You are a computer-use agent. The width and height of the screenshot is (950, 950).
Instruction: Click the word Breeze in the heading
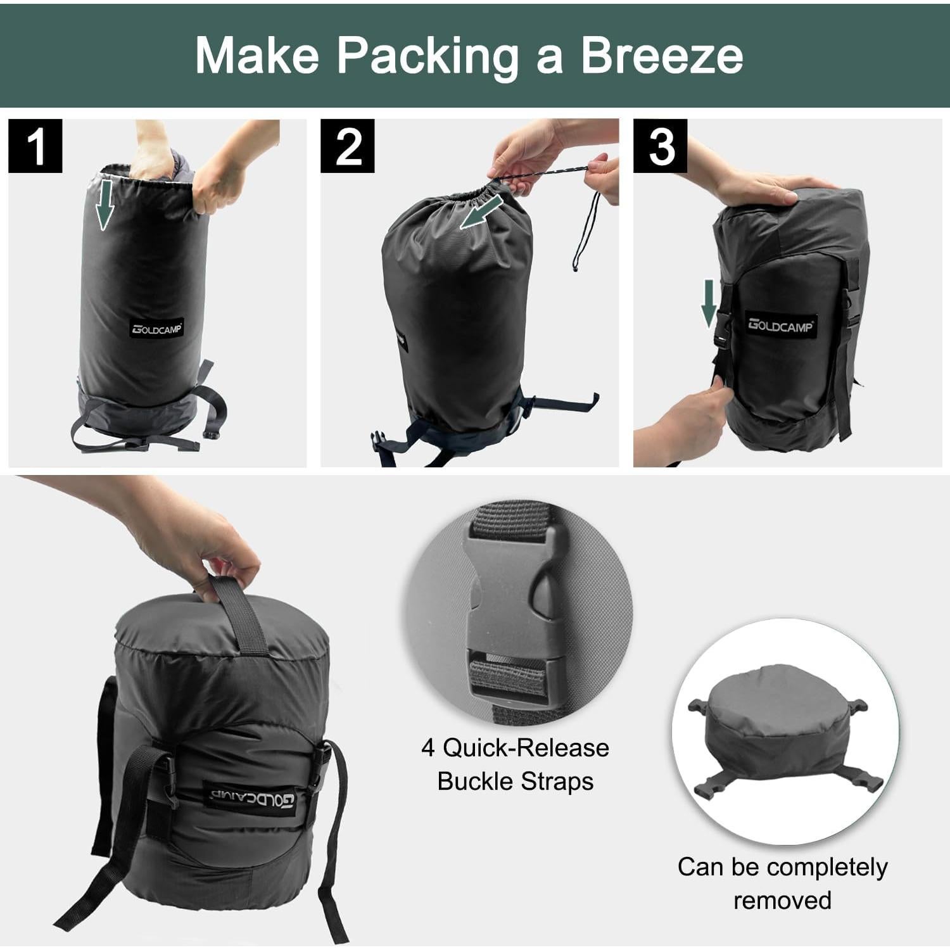[x=662, y=56]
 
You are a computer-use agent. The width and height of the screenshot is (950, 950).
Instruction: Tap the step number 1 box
[x=35, y=146]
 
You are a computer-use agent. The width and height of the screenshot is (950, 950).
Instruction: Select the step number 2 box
[x=347, y=146]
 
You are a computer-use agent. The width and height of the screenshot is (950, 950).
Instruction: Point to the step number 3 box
[x=661, y=146]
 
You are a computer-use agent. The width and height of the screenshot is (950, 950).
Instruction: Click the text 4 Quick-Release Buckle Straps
[x=516, y=764]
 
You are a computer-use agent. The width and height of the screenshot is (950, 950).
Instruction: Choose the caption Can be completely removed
[x=782, y=883]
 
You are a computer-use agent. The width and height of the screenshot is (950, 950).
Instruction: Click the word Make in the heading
[x=257, y=56]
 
